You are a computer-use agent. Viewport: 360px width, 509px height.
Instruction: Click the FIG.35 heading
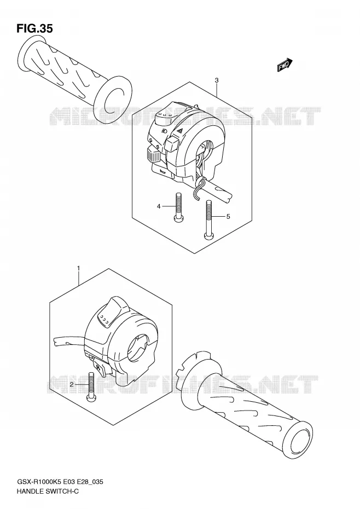click(34, 28)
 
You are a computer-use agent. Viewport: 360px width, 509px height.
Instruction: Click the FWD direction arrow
click(284, 65)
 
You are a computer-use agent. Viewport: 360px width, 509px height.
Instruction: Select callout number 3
click(217, 80)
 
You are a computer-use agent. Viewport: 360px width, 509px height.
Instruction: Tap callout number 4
click(159, 206)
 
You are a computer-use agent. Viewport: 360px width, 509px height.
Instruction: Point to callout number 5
click(228, 216)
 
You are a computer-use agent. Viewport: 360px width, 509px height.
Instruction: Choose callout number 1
click(78, 268)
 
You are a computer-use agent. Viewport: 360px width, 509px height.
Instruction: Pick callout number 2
click(72, 385)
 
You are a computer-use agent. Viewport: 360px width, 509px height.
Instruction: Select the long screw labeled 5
click(208, 220)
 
